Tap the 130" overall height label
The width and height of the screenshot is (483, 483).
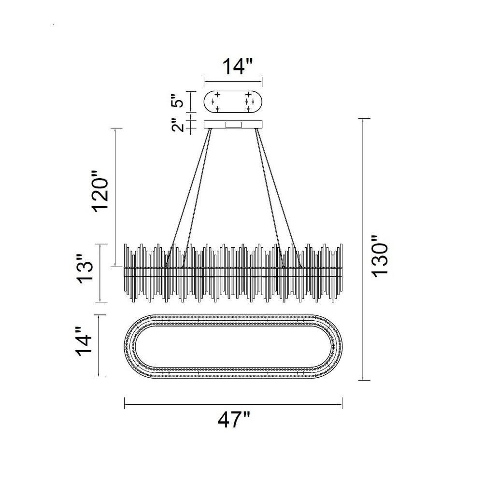pos(380,256)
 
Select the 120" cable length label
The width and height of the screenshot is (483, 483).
pos(100,191)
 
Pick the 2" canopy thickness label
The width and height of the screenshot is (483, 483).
pos(178,125)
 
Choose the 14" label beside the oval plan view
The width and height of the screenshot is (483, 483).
pos(85,341)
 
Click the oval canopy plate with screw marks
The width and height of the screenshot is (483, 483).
pos(233,101)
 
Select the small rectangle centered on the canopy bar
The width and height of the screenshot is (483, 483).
pos(233,125)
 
